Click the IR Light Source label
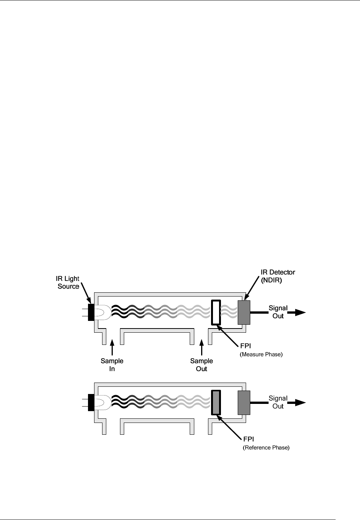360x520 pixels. (68, 282)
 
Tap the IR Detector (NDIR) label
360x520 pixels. (278, 276)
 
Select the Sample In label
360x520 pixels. (112, 365)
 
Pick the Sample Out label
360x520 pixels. (202, 365)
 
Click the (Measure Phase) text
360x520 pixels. (261, 354)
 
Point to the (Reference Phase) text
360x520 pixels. (266, 448)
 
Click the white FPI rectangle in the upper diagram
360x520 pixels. (216, 313)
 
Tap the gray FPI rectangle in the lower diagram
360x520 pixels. (216, 403)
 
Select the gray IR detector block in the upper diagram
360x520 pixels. (244, 313)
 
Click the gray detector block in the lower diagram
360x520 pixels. (244, 403)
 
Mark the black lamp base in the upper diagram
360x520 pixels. (91, 313)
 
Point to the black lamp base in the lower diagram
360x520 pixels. (91, 403)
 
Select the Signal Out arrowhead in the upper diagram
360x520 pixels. (299, 313)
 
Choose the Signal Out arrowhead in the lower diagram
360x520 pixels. (299, 403)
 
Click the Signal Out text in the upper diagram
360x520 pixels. (278, 312)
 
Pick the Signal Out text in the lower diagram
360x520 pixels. (278, 402)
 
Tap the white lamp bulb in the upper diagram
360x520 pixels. (102, 313)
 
